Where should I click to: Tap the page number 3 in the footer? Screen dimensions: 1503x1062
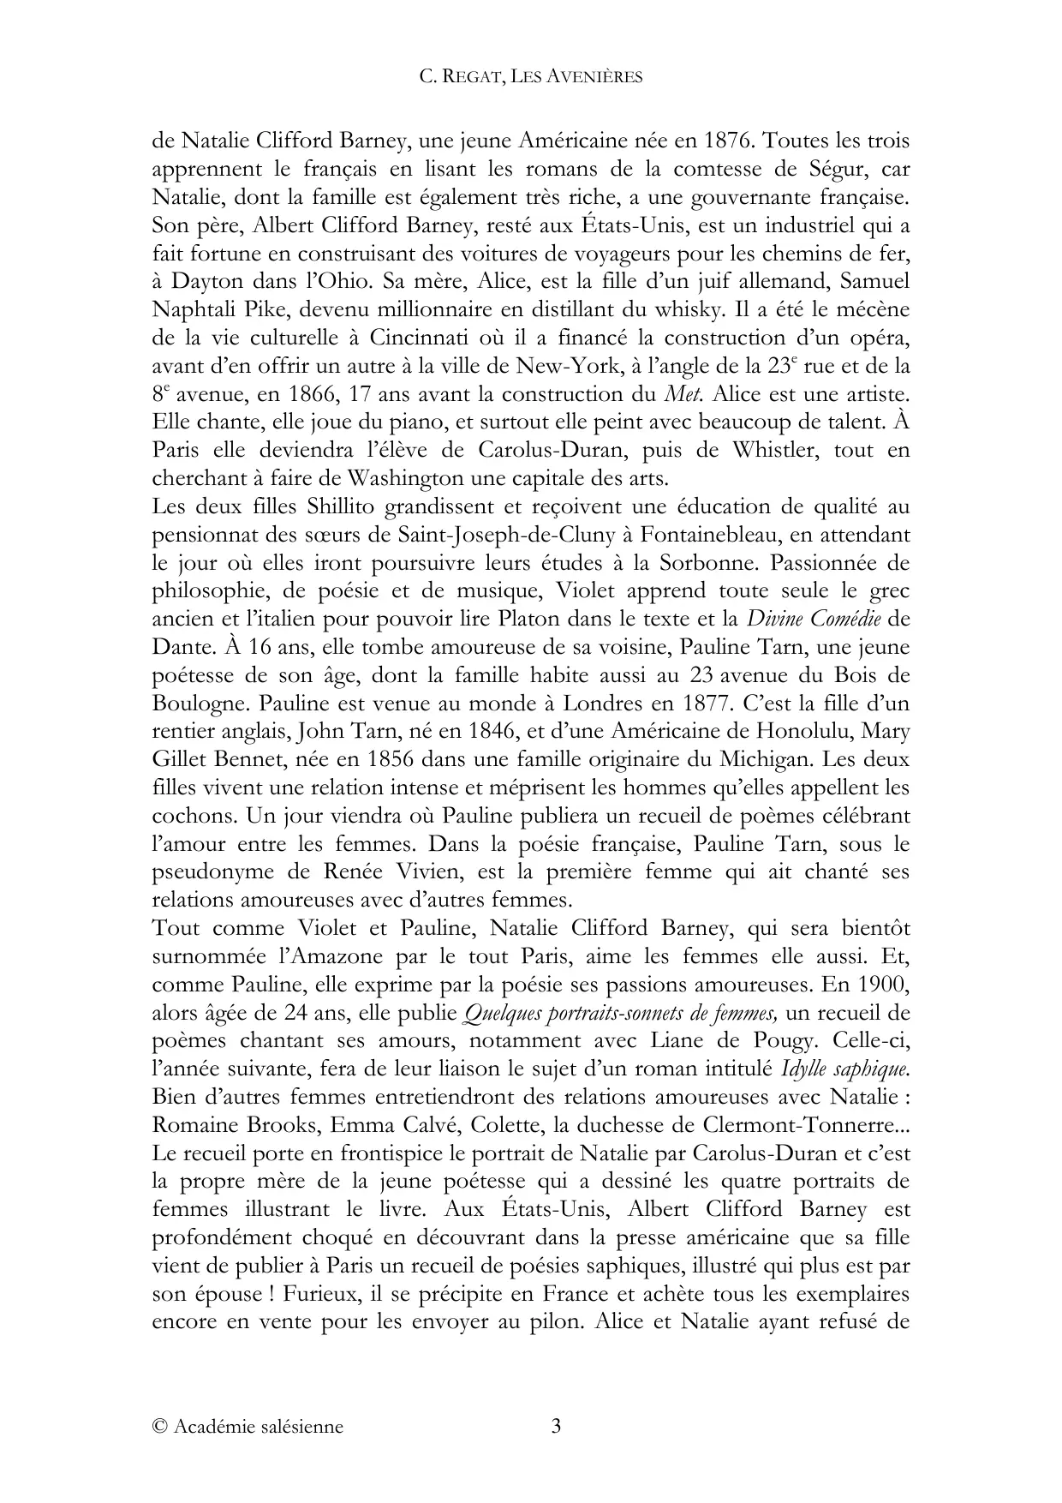(556, 1427)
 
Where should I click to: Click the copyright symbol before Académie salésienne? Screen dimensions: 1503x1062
(159, 1428)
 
